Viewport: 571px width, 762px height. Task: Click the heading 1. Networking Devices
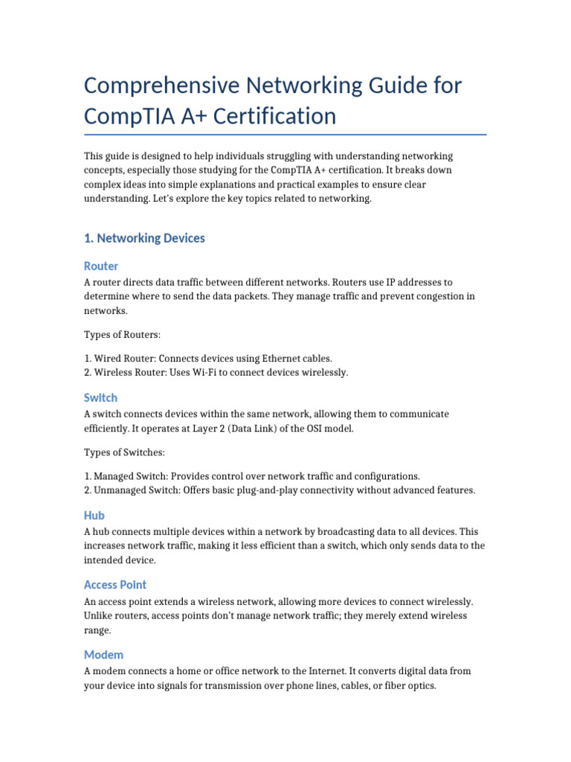pyautogui.click(x=144, y=238)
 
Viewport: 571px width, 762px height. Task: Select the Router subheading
pyautogui.click(x=101, y=266)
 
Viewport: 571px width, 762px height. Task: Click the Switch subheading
pyautogui.click(x=101, y=397)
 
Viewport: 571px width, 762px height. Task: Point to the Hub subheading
pyautogui.click(x=94, y=515)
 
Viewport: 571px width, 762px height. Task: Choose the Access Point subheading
pyautogui.click(x=115, y=585)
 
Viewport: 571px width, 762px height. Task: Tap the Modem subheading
pyautogui.click(x=103, y=655)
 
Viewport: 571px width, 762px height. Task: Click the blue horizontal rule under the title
pyautogui.click(x=285, y=135)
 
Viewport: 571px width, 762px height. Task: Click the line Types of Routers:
pyautogui.click(x=122, y=335)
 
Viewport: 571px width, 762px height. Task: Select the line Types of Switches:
pyautogui.click(x=124, y=452)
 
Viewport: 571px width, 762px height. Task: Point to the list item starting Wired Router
pyautogui.click(x=208, y=359)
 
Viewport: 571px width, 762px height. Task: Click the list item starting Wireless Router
pyautogui.click(x=216, y=372)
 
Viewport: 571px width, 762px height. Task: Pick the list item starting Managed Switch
pyautogui.click(x=252, y=476)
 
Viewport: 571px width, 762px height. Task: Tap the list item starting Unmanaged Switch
pyautogui.click(x=280, y=490)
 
